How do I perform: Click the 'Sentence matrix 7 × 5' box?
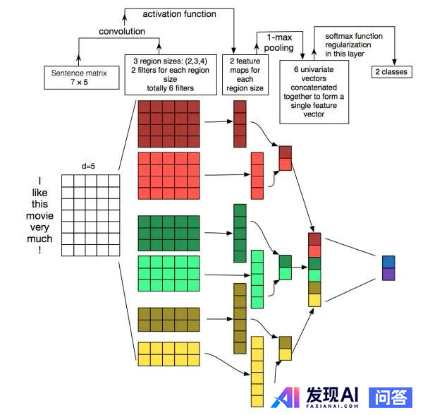82,78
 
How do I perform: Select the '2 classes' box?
392,72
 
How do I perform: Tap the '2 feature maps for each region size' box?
245,75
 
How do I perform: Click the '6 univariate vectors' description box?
314,92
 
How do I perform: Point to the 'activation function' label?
179,14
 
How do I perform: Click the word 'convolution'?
122,31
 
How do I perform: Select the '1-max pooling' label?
279,42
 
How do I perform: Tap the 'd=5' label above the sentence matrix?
88,166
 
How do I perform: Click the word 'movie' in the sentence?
39,216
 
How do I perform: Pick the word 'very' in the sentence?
39,227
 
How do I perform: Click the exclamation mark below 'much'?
39,250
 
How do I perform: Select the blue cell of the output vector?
388,262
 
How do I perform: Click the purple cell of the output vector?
388,275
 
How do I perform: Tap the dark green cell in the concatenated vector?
314,263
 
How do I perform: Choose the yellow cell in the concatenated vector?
314,300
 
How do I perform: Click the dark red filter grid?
169,124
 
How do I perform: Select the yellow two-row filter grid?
169,354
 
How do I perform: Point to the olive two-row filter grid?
169,320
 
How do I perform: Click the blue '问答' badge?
391,397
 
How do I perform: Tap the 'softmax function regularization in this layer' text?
354,45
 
